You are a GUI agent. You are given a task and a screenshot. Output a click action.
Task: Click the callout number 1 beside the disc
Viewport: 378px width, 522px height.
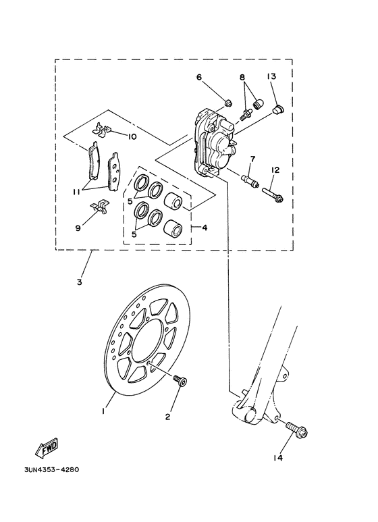103,410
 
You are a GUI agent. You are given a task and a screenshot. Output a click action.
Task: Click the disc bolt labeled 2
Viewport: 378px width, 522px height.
179,381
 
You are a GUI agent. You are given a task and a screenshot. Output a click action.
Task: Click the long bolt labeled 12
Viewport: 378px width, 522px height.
273,194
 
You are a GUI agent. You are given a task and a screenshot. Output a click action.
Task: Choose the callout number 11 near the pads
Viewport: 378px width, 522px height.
78,192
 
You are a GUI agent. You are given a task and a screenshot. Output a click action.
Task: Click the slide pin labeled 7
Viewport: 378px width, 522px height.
249,181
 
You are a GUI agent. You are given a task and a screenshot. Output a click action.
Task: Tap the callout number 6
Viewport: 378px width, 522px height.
199,77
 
